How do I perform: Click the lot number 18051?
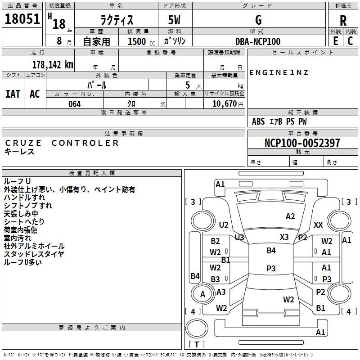point(22,19)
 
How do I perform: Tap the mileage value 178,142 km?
point(53,65)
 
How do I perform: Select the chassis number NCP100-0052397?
point(302,143)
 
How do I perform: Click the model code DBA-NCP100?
point(258,41)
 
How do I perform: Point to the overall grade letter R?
point(343,21)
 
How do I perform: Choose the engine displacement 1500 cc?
point(141,41)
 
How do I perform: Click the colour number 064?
point(75,104)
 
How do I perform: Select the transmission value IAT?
point(13,94)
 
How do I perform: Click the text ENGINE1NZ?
point(279,72)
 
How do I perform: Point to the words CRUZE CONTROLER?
point(62,143)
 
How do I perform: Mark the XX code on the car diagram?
point(318,225)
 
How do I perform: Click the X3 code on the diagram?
point(284,237)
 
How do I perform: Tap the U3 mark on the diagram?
point(239,237)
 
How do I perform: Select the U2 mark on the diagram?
point(224,225)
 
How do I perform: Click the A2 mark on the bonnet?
point(290,216)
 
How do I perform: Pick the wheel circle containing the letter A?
point(202,294)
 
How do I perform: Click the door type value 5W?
point(174,20)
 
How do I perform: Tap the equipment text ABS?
point(258,121)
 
